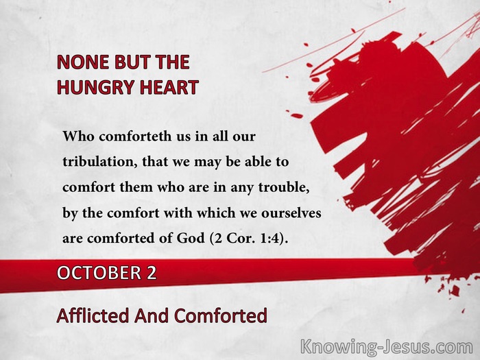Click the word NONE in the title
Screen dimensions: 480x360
83,62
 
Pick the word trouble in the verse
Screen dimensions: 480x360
283,187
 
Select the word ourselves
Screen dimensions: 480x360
291,213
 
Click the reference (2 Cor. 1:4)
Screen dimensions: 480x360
249,238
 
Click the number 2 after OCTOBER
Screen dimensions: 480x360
152,273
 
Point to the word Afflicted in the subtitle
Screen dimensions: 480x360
93,315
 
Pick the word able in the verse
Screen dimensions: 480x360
258,162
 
